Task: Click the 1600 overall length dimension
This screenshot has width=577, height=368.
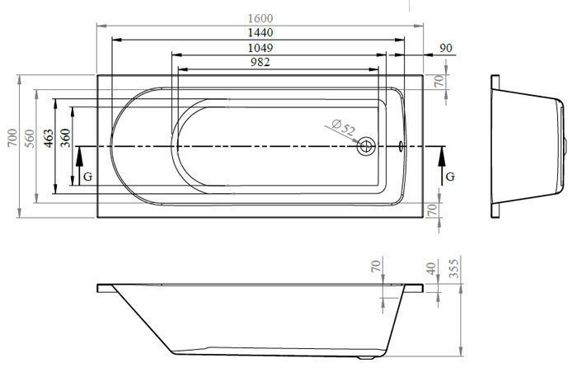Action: tap(260, 18)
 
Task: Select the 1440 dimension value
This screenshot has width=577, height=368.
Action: tap(260, 33)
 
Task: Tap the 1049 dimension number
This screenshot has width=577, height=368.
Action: tap(260, 48)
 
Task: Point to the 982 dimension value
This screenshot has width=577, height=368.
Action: tap(260, 62)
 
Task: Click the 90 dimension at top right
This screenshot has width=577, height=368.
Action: tap(446, 48)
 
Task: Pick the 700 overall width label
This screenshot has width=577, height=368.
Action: tap(12, 138)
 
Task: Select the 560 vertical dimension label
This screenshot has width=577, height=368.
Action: tap(30, 139)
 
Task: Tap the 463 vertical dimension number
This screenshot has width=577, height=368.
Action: tap(48, 138)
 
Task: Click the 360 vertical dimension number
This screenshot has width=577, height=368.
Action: tap(65, 138)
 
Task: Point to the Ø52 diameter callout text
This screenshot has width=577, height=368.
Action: tap(344, 127)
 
